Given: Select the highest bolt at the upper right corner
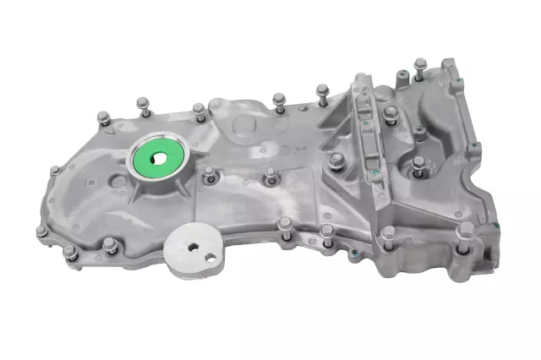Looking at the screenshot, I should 420,63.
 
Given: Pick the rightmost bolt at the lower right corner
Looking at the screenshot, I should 462,233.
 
